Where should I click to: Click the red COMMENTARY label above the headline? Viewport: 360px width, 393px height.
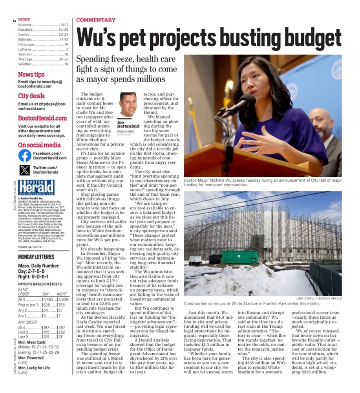click(95, 20)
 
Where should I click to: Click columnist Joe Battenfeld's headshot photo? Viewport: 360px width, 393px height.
click(128, 105)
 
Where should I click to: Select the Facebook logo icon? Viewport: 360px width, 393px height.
click(24, 156)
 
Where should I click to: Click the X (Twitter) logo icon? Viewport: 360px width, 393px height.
click(24, 170)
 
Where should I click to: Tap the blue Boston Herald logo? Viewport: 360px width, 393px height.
click(36, 187)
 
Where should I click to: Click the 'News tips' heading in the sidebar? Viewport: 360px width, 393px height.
click(31, 74)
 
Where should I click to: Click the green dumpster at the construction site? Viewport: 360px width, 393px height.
click(240, 257)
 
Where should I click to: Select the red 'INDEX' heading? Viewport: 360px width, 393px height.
click(24, 19)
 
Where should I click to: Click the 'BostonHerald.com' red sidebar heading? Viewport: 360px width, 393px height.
click(42, 118)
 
